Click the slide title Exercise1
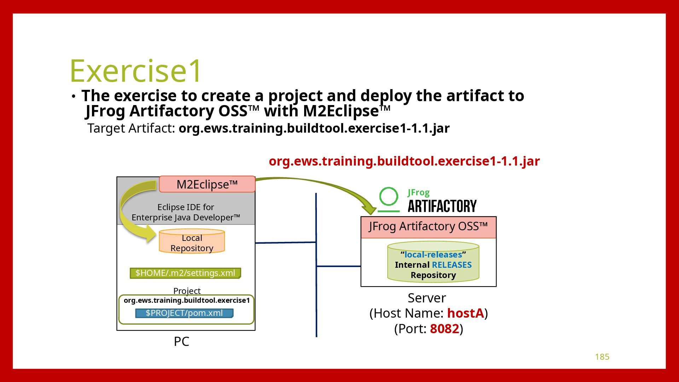[135, 70]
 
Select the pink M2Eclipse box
[207, 184]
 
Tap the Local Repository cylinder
[192, 242]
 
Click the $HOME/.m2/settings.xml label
[185, 273]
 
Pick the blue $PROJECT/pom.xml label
[184, 313]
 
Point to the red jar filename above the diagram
[404, 161]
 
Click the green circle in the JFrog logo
[388, 197]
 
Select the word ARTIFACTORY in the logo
[442, 206]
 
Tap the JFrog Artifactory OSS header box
[428, 227]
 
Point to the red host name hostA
[465, 313]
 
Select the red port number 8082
[444, 329]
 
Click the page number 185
[602, 357]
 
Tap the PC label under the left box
[181, 342]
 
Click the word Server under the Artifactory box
[426, 298]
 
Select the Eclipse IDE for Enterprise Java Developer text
[186, 212]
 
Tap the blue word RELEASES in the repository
[452, 265]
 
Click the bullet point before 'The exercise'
[73, 97]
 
